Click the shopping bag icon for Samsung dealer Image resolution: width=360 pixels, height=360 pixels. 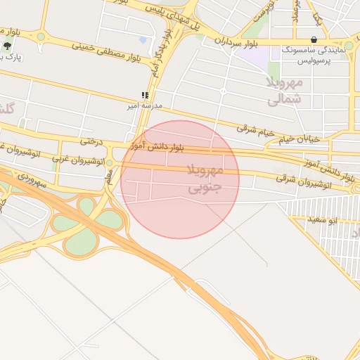tap(313, 40)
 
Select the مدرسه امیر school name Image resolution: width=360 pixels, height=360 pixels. tap(144, 105)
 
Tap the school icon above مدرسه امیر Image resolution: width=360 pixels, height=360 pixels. tap(144, 95)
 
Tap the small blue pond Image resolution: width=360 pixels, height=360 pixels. tap(143, 40)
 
